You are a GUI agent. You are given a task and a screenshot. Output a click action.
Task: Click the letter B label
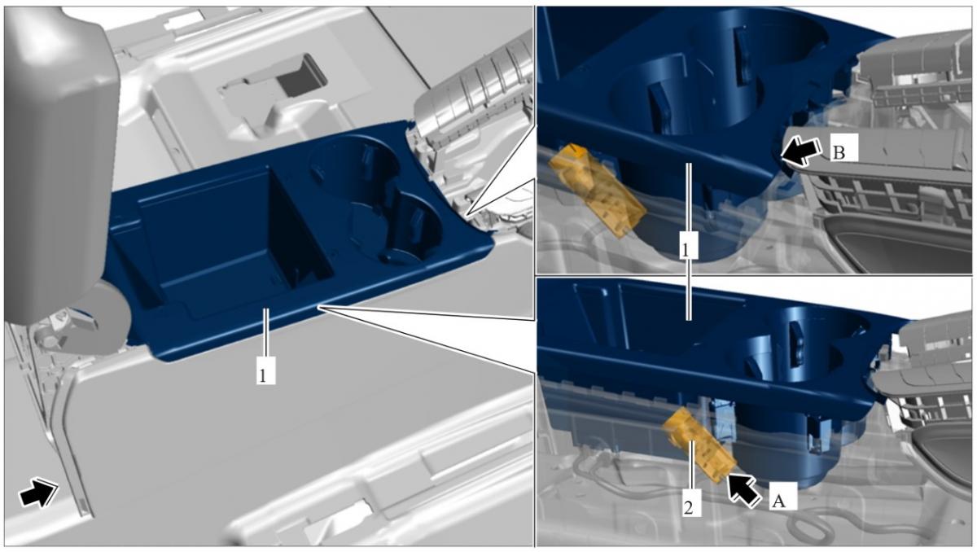coord(844,147)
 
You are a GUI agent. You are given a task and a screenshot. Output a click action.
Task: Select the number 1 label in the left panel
coord(265,370)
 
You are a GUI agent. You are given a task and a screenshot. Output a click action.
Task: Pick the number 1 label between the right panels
coord(688,246)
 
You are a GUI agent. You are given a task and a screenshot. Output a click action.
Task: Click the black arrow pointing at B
coord(800,151)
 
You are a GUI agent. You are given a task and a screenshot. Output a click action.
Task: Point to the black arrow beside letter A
coord(745,490)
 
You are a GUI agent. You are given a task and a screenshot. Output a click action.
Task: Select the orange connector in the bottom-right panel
coord(699,445)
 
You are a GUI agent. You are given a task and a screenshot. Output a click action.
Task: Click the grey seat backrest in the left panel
coord(59,161)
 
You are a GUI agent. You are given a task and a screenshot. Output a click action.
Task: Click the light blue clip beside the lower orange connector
coord(723,421)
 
